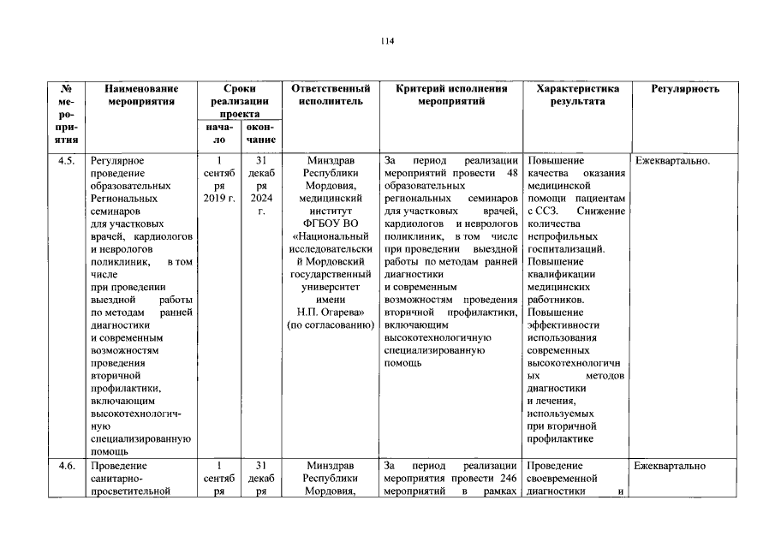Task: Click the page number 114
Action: [387, 40]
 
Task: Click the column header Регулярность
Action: [685, 89]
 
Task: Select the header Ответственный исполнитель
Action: [331, 95]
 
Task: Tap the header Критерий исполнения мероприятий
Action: [451, 95]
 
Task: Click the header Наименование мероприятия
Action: [142, 95]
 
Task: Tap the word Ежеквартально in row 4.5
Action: [673, 160]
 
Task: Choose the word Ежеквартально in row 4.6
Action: [671, 466]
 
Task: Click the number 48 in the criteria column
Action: [513, 173]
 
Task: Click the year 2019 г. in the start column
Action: [219, 199]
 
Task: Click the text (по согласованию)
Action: [331, 325]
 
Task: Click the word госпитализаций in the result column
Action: [566, 249]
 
